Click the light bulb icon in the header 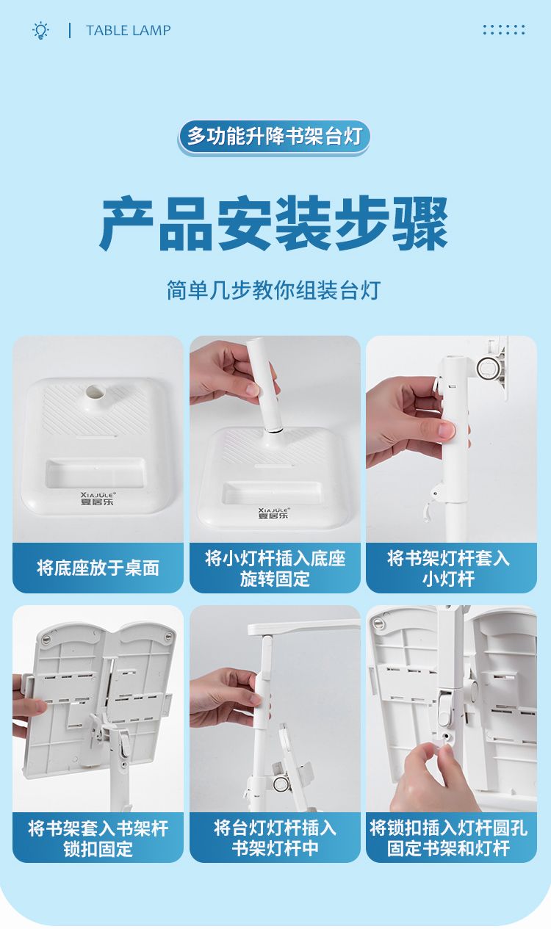40,30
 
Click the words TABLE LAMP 129,30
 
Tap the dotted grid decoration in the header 504,29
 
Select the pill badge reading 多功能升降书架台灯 274,137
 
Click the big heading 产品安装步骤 274,223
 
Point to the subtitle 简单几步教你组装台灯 274,290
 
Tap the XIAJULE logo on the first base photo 98,499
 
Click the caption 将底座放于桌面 98,568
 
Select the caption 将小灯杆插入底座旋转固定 275,568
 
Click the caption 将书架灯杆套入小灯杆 448,568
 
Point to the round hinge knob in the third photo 486,367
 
